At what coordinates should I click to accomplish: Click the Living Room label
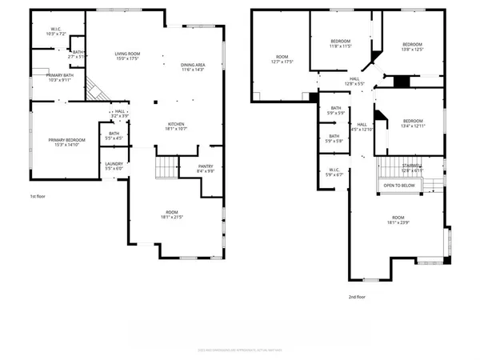128,56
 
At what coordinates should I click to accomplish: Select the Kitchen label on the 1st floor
177,126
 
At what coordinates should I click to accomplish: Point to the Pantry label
206,168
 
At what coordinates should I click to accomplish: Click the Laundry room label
114,166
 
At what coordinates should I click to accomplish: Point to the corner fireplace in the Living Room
97,87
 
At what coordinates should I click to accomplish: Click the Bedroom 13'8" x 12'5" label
412,46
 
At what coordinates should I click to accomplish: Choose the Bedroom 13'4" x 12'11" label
412,122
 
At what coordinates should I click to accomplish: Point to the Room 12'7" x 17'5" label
282,59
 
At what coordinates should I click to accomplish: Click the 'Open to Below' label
398,185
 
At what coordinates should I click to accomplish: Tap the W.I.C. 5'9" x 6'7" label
334,171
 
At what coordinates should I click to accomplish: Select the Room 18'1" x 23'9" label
397,221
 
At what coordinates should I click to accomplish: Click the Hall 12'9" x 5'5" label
354,82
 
